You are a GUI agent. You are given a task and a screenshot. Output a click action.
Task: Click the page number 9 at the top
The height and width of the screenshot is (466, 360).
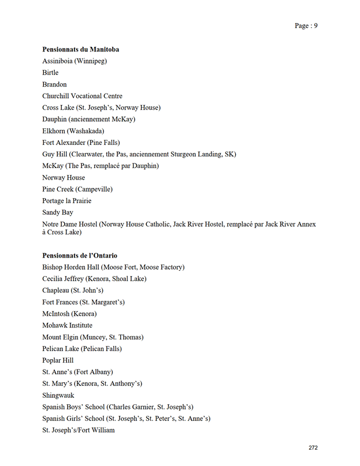316,25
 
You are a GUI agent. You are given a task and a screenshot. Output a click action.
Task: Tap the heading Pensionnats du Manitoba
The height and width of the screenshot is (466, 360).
81,50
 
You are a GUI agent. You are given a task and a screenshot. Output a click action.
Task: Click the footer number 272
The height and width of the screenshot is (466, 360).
313,448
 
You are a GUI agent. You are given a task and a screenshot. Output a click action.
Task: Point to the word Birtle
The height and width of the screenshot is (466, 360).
50,73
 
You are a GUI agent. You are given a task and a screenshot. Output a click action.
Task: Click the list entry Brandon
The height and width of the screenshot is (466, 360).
54,84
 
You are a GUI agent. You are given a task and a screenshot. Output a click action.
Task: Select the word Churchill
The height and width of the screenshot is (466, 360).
57,96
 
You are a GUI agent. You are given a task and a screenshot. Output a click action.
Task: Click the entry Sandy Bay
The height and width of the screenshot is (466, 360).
58,213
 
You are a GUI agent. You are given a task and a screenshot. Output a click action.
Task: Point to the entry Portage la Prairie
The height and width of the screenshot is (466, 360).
66,201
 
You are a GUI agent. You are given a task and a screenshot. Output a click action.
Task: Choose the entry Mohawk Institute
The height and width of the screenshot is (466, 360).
67,326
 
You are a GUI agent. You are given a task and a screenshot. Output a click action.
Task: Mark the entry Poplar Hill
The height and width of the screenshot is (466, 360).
58,360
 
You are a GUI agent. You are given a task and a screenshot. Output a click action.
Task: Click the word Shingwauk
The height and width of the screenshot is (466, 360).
58,396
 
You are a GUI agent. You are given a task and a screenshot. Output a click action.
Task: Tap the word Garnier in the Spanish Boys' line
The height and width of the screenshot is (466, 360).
147,407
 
